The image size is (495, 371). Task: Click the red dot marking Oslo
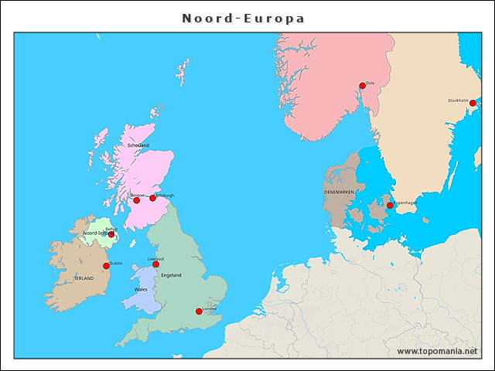coord(362,86)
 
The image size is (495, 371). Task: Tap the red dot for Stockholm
coord(473,103)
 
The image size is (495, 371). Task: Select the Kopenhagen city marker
coord(390,206)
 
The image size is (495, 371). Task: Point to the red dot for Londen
coord(199,311)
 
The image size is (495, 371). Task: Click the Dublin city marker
coord(106,266)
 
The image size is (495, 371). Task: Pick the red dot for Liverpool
coord(155,264)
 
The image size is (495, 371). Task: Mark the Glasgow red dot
coord(136,200)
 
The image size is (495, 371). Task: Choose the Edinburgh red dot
coord(152,198)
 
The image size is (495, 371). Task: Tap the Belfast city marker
coord(111,233)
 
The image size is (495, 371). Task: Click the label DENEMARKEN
coord(339,191)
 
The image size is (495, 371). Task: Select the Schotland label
coord(138,145)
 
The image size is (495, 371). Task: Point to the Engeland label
coord(171,275)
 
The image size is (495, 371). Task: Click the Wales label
coord(141,289)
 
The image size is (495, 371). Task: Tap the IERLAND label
coord(84,278)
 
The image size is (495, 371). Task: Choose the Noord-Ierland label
coord(95,233)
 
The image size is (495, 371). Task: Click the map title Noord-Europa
coord(243,18)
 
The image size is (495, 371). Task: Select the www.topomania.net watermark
coord(437,351)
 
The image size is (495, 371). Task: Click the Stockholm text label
coord(458,100)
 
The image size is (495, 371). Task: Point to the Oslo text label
coord(370,83)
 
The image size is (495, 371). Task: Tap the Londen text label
coord(210,308)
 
